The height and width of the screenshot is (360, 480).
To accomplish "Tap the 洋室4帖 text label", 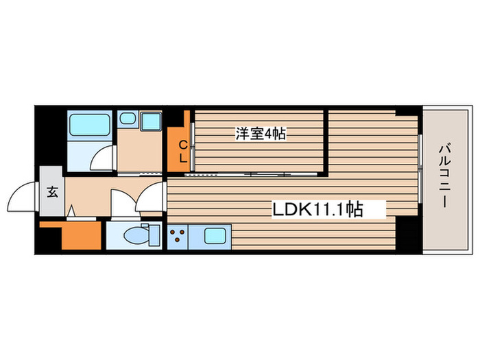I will [261, 134].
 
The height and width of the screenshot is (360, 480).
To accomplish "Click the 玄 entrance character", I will [52, 191].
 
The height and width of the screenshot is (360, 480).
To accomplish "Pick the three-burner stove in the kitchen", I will [178, 237].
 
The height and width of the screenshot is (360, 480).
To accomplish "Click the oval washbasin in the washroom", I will [126, 119].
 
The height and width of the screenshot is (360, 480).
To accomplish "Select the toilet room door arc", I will [123, 203].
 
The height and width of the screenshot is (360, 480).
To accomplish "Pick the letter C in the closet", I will [182, 144].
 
